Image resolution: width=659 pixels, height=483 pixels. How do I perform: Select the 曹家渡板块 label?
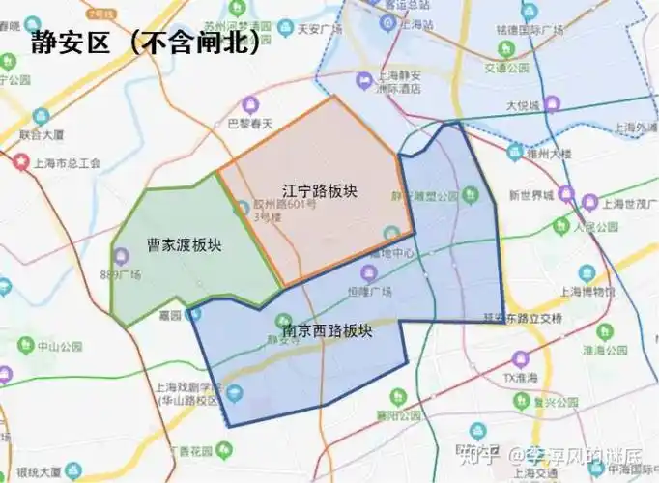pos(184,244)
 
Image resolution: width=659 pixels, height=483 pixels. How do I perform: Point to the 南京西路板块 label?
pos(327,331)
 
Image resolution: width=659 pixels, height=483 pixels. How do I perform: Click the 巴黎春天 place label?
pos(250,124)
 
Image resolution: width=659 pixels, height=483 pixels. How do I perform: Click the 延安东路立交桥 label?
pos(522,317)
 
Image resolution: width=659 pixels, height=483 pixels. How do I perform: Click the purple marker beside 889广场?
pos(121,256)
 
